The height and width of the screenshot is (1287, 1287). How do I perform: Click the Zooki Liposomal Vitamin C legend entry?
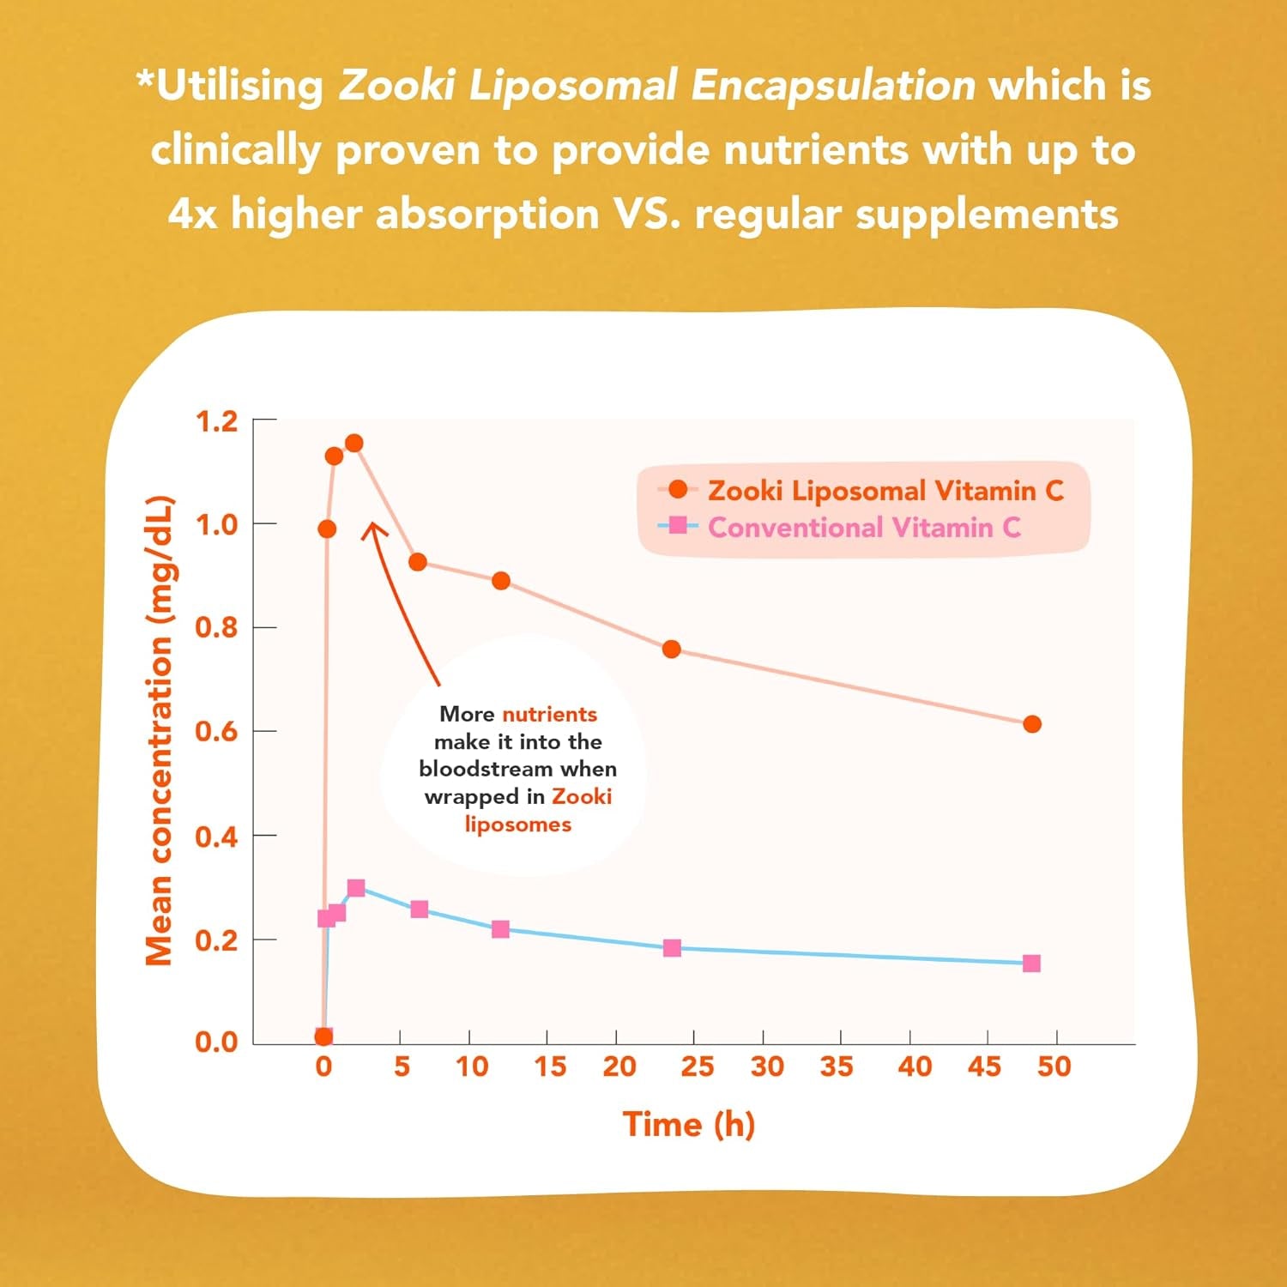click(x=884, y=491)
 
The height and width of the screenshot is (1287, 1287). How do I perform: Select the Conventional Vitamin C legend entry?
click(x=863, y=527)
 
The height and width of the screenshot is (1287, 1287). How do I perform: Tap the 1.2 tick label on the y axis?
click(x=216, y=421)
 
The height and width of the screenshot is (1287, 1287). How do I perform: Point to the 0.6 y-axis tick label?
click(x=216, y=731)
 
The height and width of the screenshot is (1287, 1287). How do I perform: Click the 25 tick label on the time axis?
click(x=697, y=1066)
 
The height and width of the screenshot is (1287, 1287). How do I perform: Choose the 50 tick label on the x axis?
click(x=1054, y=1066)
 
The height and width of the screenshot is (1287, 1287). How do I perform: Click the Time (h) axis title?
click(x=688, y=1124)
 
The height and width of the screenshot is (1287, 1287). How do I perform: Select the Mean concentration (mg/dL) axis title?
click(x=160, y=731)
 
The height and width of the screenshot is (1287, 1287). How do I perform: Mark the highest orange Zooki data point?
click(x=353, y=443)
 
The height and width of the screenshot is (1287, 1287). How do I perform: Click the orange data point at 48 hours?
click(x=1032, y=724)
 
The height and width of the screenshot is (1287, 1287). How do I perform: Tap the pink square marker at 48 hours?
click(x=1032, y=964)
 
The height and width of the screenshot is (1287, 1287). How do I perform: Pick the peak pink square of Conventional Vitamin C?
click(x=356, y=887)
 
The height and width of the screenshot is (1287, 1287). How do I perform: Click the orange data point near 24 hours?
click(x=672, y=650)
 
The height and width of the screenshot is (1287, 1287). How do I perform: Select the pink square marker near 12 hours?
click(x=501, y=929)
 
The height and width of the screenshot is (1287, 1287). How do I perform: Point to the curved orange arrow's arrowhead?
click(x=372, y=526)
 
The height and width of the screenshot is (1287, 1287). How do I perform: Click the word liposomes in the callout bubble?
click(x=517, y=825)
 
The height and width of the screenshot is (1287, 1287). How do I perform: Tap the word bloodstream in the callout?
click(x=485, y=769)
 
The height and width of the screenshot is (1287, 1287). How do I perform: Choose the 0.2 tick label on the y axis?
click(x=216, y=940)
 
